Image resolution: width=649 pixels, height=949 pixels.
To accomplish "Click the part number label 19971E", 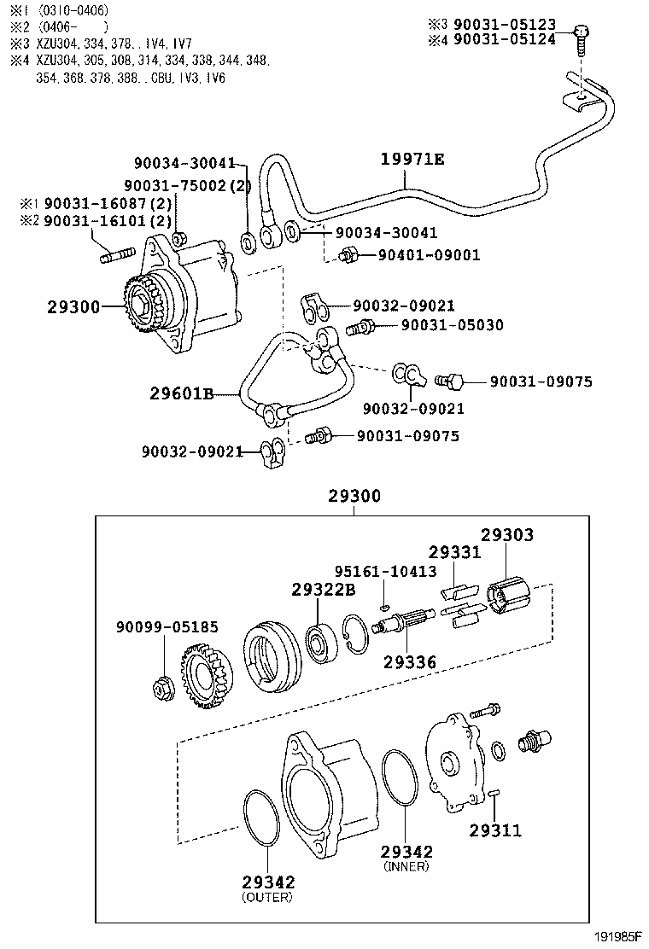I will pyautogui.click(x=412, y=159).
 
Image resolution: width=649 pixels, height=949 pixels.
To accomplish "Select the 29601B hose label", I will pyautogui.click(x=181, y=393).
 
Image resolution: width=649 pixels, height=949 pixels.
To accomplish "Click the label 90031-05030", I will pyautogui.click(x=452, y=325).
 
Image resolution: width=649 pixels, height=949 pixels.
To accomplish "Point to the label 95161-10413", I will pyautogui.click(x=385, y=571).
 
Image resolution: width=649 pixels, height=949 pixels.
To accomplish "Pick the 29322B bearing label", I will pyautogui.click(x=323, y=589).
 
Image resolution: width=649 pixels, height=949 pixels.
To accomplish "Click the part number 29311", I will pyautogui.click(x=494, y=830).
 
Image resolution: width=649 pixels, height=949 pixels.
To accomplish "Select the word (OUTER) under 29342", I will pyautogui.click(x=266, y=897).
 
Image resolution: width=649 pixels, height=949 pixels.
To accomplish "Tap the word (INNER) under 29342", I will pyautogui.click(x=406, y=866).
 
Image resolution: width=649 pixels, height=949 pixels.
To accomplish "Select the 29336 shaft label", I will pyautogui.click(x=411, y=661).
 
